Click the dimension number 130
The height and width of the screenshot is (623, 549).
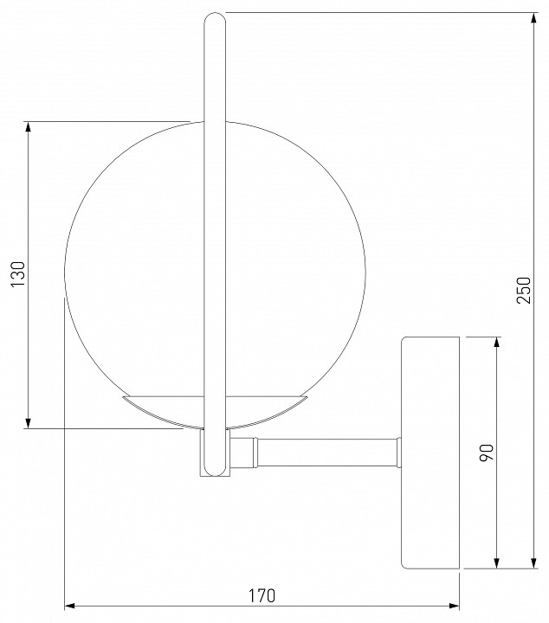(18, 274)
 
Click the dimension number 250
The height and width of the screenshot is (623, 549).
(524, 291)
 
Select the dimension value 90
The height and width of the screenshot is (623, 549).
(486, 453)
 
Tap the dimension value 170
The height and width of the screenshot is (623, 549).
(262, 595)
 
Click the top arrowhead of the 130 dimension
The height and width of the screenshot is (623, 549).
(28, 126)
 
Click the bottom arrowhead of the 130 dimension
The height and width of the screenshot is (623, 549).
(28, 423)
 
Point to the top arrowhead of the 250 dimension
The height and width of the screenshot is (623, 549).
(534, 18)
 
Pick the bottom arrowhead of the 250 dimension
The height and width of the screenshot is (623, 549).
(534, 562)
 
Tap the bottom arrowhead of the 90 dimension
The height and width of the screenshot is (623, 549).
(496, 562)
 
